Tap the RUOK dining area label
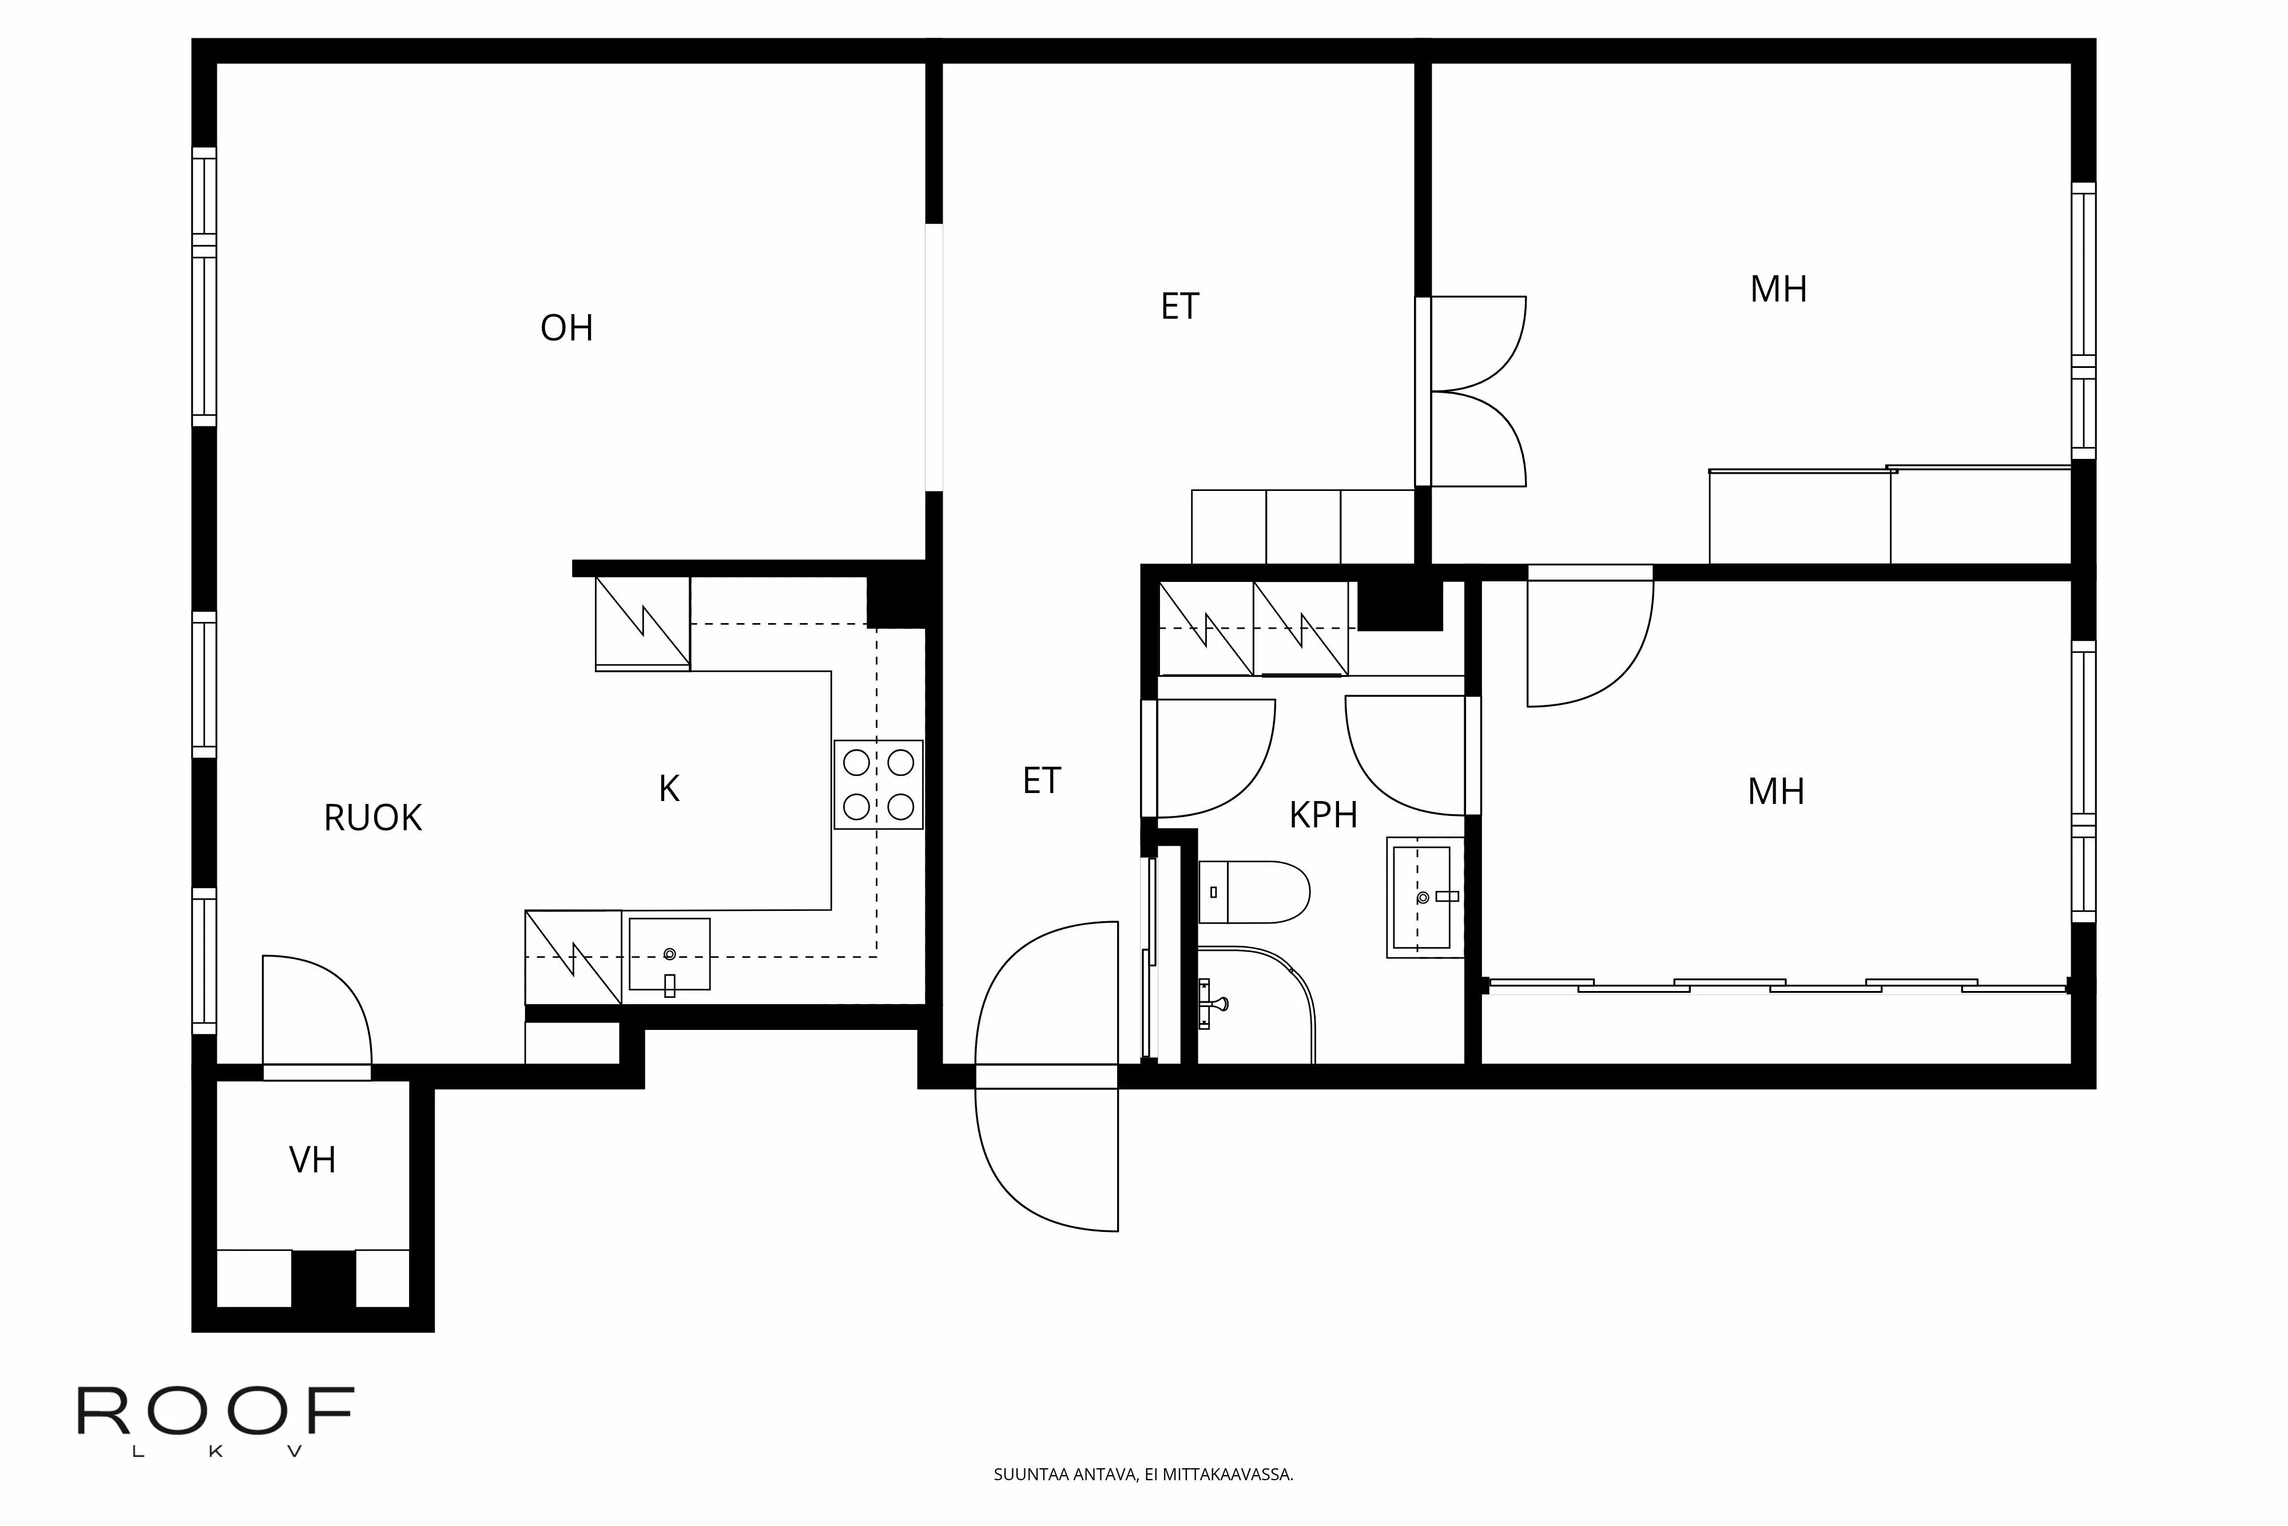pyautogui.click(x=372, y=818)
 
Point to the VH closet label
pyautogui.click(x=312, y=1160)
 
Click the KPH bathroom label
pyautogui.click(x=1323, y=815)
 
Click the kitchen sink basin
pyautogui.click(x=669, y=954)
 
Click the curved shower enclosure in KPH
pyautogui.click(x=1255, y=1007)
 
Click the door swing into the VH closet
pyautogui.click(x=316, y=1012)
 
